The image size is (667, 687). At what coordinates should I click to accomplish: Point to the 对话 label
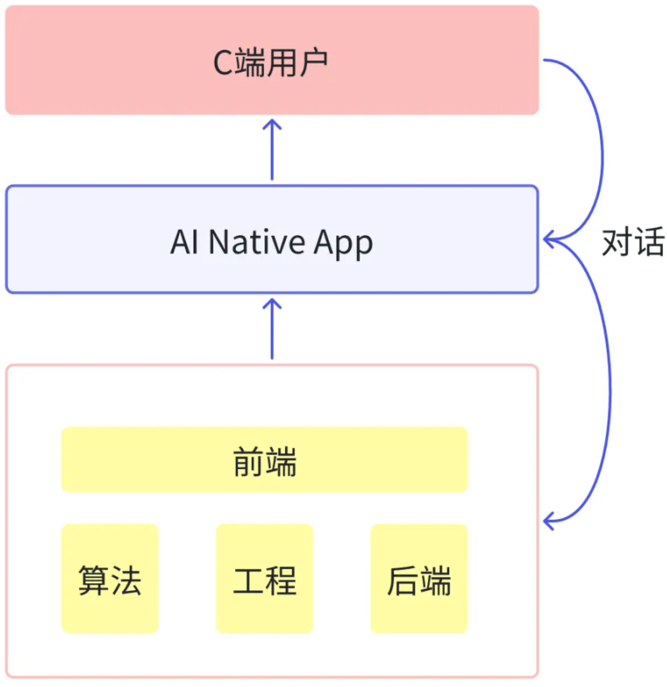633,242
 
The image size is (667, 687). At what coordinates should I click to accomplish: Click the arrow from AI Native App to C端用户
272,150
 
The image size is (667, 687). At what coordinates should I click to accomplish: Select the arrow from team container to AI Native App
272,329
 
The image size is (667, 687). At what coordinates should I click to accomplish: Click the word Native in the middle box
256,242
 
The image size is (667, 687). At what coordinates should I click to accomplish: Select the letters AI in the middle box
184,242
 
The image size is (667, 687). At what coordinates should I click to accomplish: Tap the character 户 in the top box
313,63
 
